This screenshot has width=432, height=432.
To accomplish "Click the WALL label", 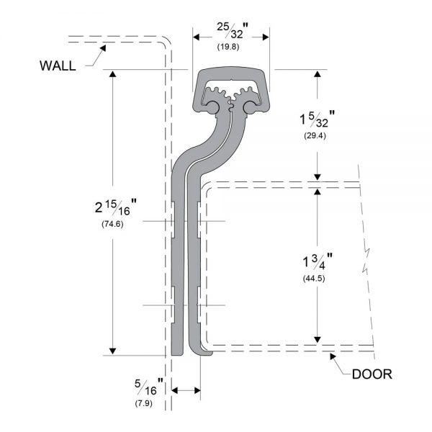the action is [x=58, y=66].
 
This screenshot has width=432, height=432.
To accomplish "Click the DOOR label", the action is [x=372, y=374].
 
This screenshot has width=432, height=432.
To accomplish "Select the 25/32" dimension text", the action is [x=233, y=30].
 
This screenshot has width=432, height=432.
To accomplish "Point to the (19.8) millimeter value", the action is [x=228, y=47].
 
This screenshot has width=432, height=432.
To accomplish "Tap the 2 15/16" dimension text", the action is [x=116, y=207].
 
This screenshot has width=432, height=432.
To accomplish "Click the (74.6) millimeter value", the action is [x=112, y=224].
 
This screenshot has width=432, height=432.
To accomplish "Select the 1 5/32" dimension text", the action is [x=317, y=119].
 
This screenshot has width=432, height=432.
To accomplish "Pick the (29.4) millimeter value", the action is [x=315, y=135].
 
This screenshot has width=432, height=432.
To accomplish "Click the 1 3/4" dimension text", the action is [x=318, y=261].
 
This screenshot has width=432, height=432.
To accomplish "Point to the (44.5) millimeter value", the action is [x=314, y=278].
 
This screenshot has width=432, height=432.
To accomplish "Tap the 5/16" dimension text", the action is [x=149, y=387].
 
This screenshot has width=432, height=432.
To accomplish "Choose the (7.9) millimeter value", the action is [x=143, y=403].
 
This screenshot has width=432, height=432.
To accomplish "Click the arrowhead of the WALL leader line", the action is [x=103, y=48].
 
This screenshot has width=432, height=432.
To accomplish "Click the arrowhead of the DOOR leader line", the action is [x=333, y=356].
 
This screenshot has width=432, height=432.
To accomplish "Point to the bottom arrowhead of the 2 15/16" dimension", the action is [x=112, y=351].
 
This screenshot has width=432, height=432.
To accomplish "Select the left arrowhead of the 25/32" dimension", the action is [x=196, y=37].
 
